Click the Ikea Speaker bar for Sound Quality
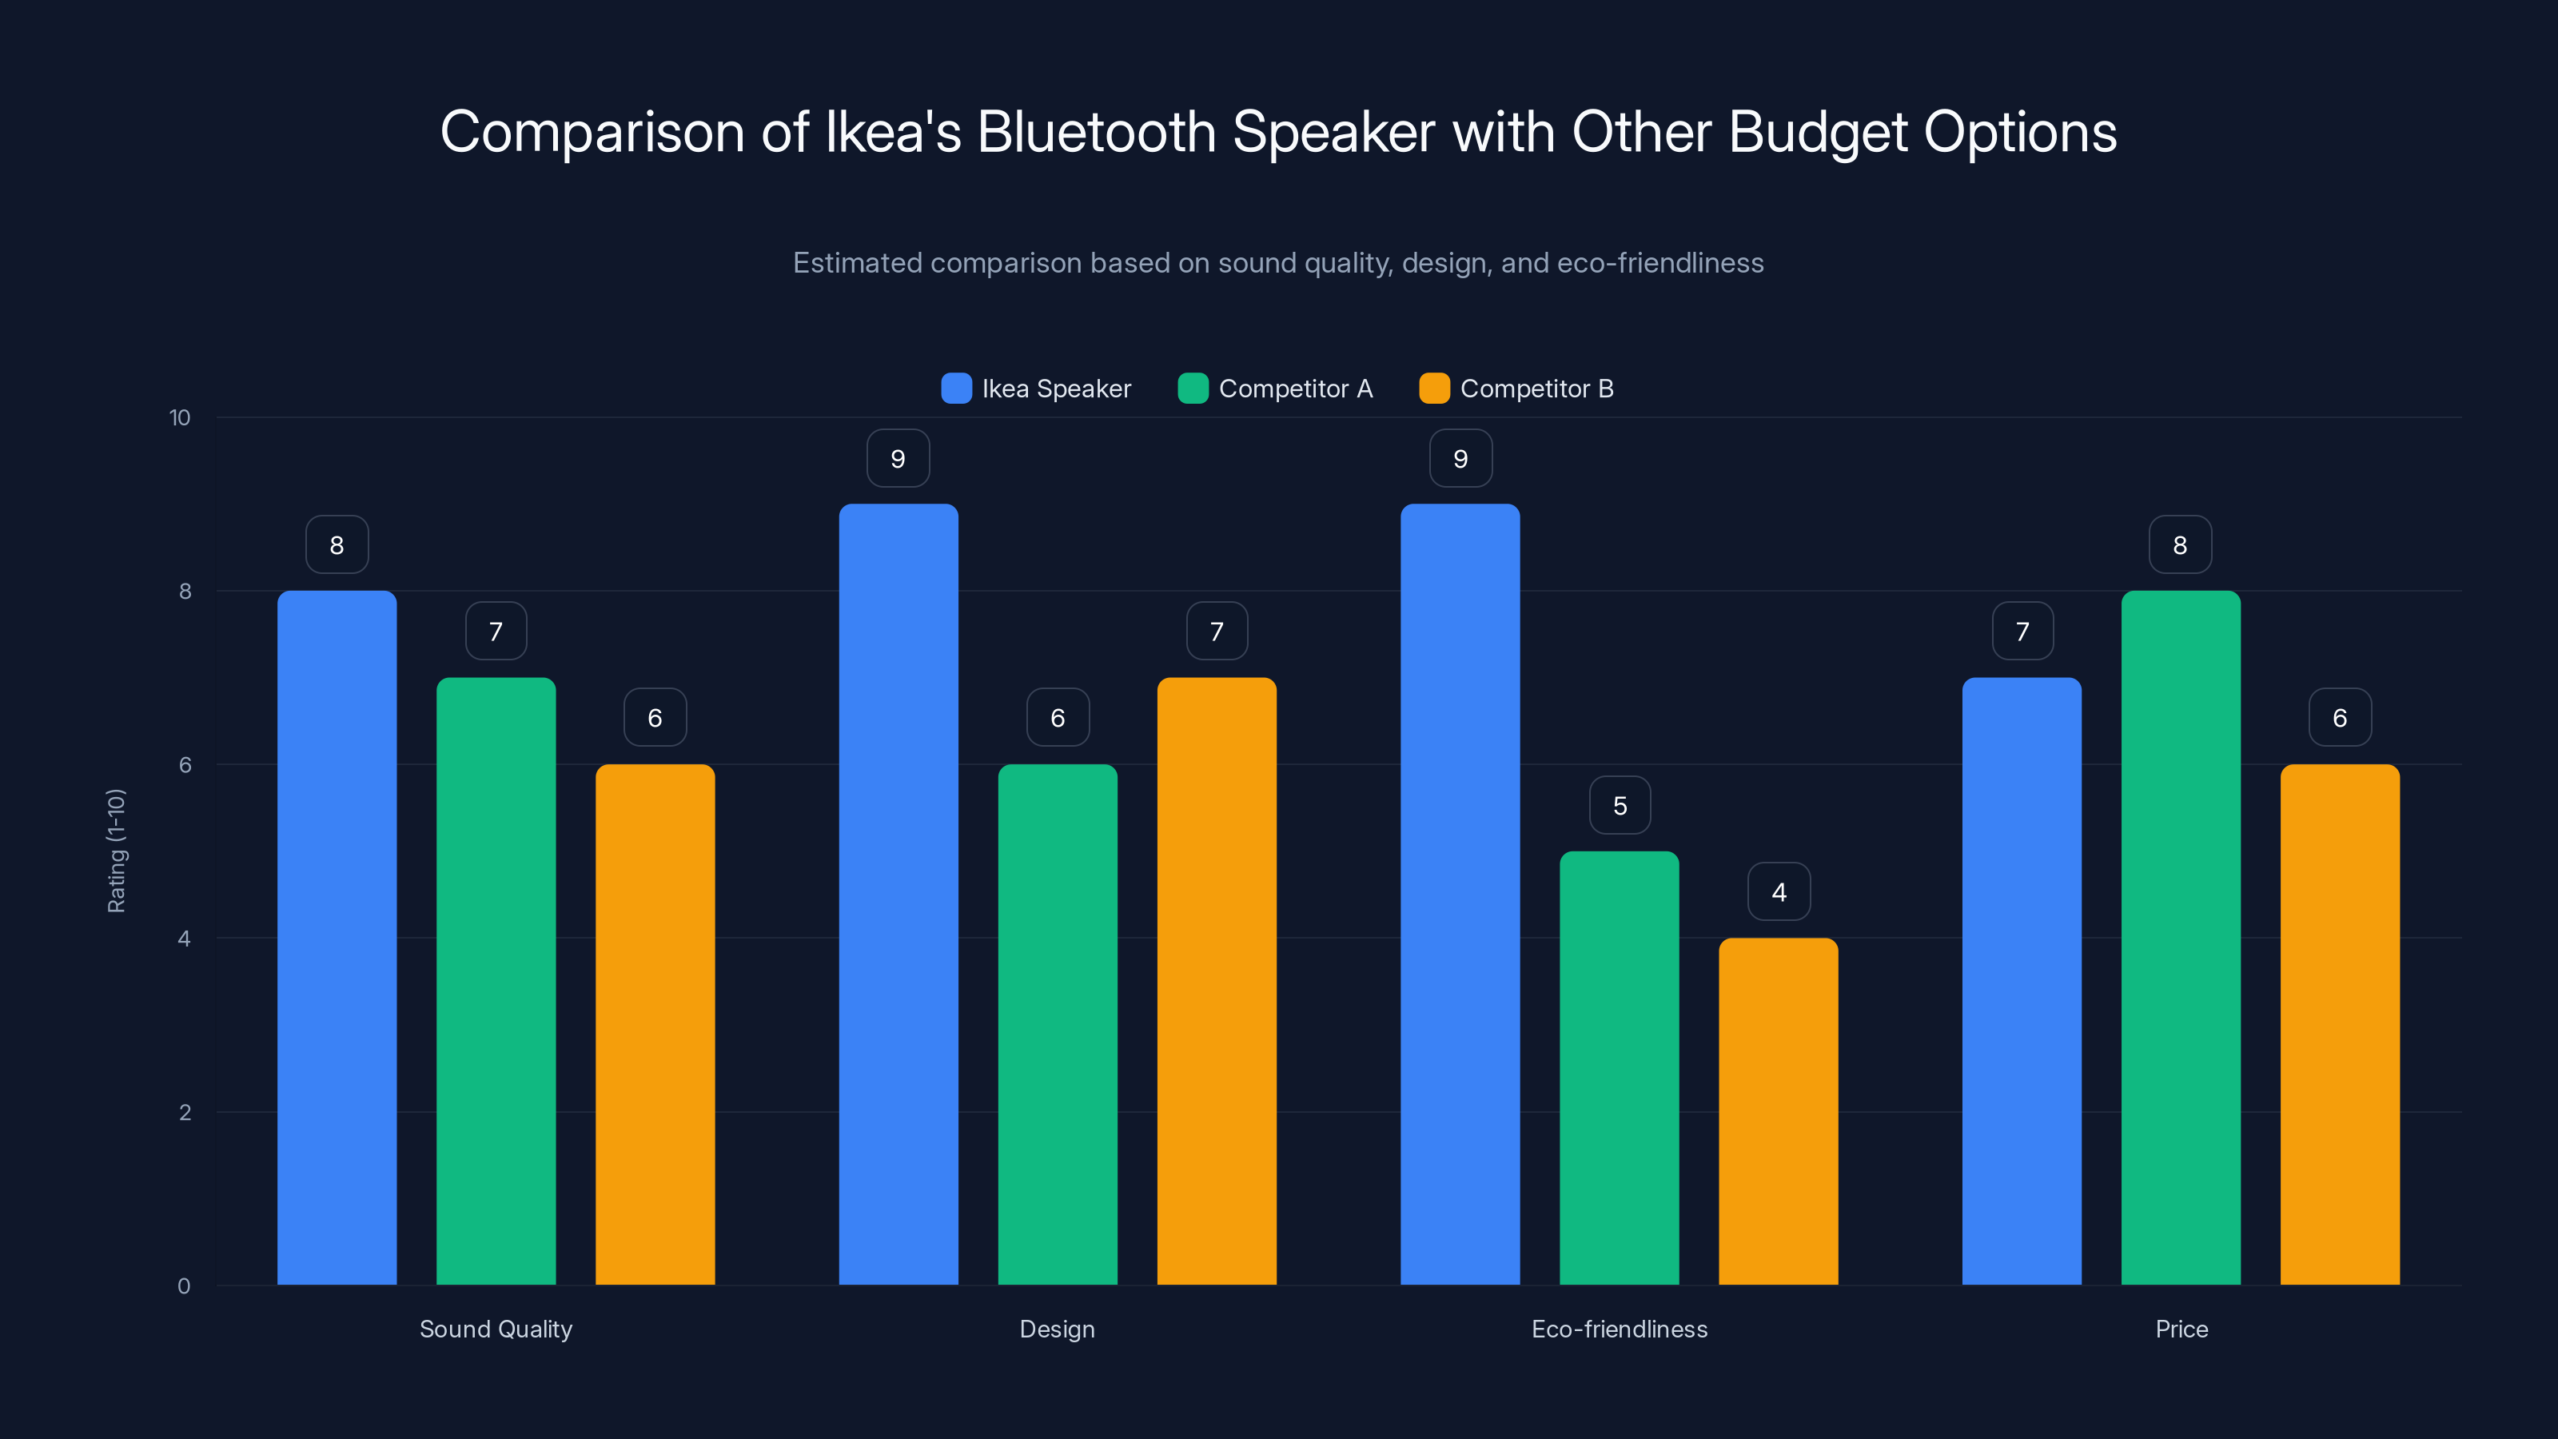pyautogui.click(x=337, y=938)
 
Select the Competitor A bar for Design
pyautogui.click(x=1058, y=1024)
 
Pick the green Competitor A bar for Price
pyautogui.click(x=2181, y=938)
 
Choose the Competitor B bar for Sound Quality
pyautogui.click(x=655, y=1024)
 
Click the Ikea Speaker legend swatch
pyautogui.click(x=956, y=389)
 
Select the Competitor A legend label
pyautogui.click(x=1295, y=389)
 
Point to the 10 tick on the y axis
pyautogui.click(x=180, y=417)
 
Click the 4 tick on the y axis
pyautogui.click(x=184, y=939)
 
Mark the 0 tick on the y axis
pyautogui.click(x=184, y=1286)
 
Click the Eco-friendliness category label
pyautogui.click(x=1620, y=1329)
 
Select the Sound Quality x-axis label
pyautogui.click(x=496, y=1329)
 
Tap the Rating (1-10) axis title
pyautogui.click(x=116, y=851)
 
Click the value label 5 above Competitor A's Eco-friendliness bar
pyautogui.click(x=1620, y=805)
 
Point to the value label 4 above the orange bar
pyautogui.click(x=1779, y=892)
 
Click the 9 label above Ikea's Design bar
pyautogui.click(x=898, y=459)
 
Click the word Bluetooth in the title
pyautogui.click(x=1096, y=132)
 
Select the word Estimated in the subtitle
pyautogui.click(x=857, y=263)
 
